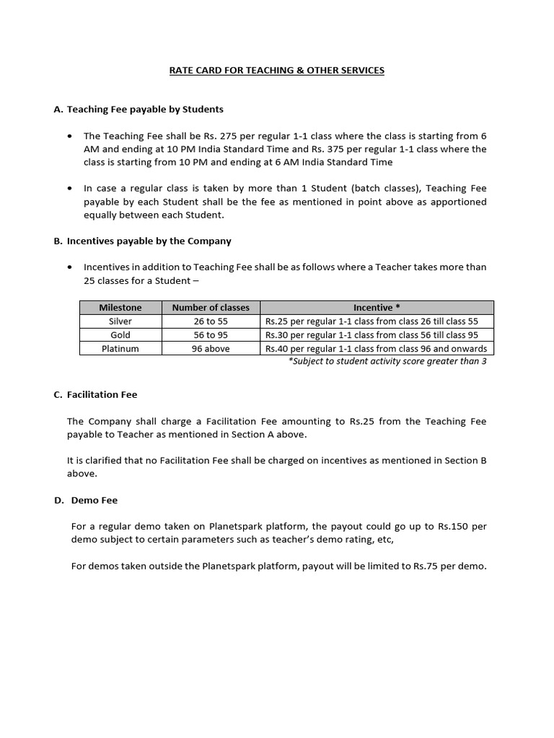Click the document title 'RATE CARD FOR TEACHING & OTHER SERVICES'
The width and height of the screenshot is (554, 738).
[277, 70]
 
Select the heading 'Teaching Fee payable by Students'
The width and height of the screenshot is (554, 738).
[145, 110]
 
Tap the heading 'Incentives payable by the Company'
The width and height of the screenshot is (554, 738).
[149, 241]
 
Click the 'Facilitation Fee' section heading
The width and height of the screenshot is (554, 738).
[102, 395]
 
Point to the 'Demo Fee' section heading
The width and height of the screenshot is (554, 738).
[94, 500]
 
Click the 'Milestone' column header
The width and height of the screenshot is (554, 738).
[120, 308]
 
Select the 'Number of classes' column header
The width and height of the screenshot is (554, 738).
[211, 308]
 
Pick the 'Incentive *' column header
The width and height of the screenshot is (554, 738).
[377, 308]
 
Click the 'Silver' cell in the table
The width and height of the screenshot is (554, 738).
[120, 321]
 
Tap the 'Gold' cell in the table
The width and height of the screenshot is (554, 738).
[120, 335]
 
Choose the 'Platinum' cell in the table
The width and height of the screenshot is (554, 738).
[120, 349]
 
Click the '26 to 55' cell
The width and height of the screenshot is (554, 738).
[211, 321]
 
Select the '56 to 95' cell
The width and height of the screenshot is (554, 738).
[211, 335]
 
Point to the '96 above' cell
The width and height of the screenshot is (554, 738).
[211, 349]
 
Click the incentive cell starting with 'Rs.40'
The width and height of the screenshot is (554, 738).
[377, 349]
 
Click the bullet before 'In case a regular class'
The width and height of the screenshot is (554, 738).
[69, 189]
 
